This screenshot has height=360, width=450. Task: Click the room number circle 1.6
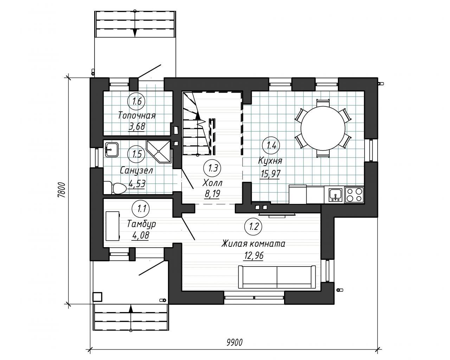136,101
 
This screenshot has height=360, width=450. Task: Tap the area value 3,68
136,127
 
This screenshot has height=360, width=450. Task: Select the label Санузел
136,171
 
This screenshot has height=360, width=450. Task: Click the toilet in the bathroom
115,188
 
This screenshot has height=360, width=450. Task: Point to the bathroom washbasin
112,149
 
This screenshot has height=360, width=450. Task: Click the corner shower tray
159,151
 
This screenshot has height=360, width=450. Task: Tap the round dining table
323,128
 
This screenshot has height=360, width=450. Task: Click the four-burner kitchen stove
354,195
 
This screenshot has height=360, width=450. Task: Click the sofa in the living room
277,277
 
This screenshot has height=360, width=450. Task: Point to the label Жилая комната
253,244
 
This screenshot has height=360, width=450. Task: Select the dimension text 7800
62,190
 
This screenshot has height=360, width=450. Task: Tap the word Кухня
270,161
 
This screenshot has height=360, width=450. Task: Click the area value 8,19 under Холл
212,194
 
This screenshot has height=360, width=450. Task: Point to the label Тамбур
141,224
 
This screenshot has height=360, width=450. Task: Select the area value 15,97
270,174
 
